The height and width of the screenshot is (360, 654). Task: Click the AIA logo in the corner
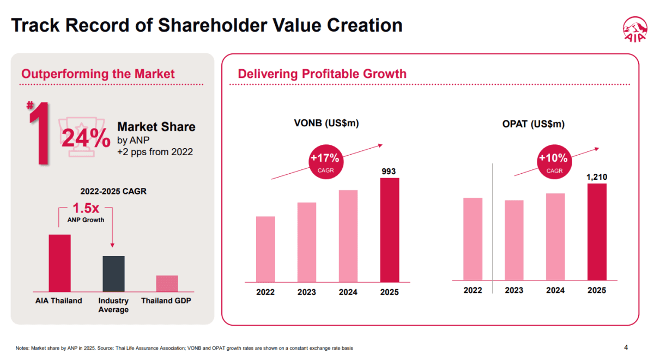coord(635,30)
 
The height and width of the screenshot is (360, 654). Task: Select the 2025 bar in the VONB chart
coord(390,229)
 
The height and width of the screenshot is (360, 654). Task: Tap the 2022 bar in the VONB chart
coord(265,248)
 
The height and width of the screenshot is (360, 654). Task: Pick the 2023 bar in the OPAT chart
coord(514,240)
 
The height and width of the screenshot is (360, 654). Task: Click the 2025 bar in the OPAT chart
coord(597,232)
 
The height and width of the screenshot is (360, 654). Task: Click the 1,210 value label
coord(597,177)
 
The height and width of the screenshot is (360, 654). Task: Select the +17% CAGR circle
coord(325,162)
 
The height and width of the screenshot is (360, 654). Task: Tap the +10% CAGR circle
coord(554,162)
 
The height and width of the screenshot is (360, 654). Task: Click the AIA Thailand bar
coord(59,263)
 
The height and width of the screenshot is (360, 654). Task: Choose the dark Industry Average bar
coord(113,273)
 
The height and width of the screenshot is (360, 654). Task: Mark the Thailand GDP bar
coord(167,283)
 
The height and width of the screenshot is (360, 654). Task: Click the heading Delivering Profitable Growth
coord(322,74)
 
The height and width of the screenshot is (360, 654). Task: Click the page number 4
coord(626,347)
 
